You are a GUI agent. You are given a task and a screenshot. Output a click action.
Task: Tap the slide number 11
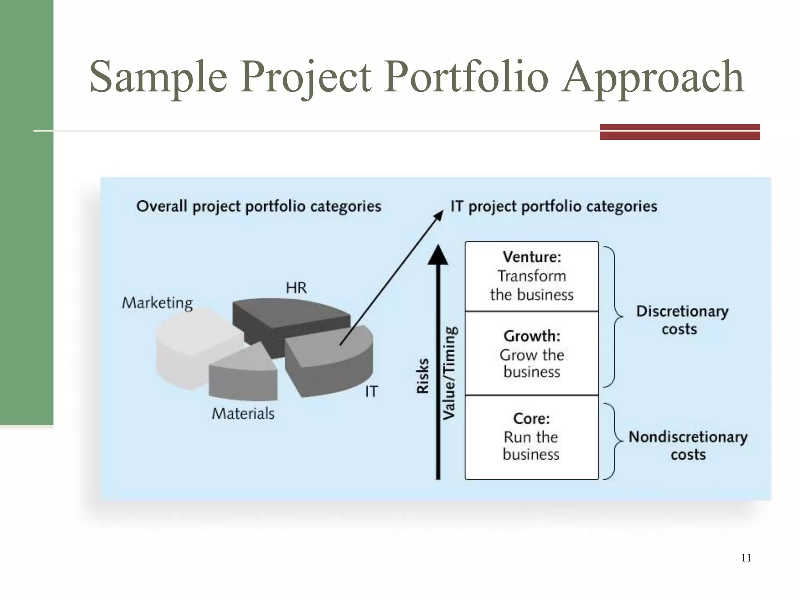(746, 558)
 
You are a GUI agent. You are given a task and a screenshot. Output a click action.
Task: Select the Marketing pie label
(157, 303)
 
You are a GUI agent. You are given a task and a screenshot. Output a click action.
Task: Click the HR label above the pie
(296, 288)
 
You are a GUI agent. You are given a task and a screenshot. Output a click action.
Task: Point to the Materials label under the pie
(243, 413)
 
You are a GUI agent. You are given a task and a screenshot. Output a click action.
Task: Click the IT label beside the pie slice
(371, 391)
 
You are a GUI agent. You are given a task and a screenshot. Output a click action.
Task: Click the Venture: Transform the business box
(532, 276)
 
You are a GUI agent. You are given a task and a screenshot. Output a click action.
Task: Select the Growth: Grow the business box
(532, 354)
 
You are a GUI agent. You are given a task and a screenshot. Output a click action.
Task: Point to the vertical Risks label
(423, 376)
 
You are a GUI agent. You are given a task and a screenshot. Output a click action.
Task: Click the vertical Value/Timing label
(450, 373)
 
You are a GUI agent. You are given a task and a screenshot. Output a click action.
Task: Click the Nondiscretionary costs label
(687, 445)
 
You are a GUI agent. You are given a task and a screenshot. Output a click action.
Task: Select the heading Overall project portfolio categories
(259, 206)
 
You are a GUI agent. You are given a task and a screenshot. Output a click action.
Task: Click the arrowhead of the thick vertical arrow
(438, 255)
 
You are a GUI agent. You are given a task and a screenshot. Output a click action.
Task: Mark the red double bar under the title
(680, 132)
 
